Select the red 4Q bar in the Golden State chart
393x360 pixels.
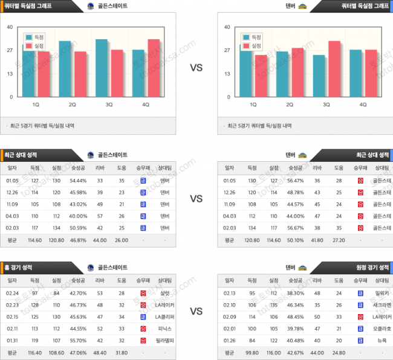[x=154, y=68]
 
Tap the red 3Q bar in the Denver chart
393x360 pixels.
[x=334, y=68]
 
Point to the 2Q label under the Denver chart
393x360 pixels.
[x=290, y=104]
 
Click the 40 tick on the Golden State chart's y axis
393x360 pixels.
[x=10, y=27]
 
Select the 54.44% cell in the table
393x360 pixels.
[x=78, y=180]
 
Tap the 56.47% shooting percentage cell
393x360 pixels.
[x=295, y=180]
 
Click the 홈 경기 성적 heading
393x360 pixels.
[x=21, y=266]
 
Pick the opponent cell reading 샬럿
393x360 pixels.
[x=164, y=292]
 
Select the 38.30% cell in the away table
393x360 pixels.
[x=295, y=292]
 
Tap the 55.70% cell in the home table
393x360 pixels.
[x=78, y=339]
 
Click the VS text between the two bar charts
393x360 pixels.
[x=196, y=68]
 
